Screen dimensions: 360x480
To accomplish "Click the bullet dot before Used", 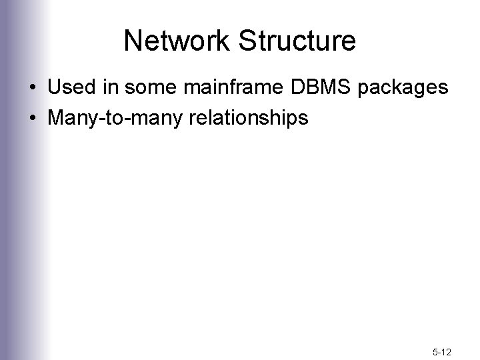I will (x=33, y=89).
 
